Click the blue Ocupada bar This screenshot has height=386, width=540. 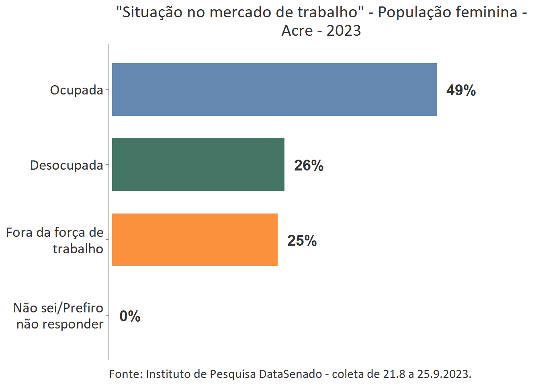pos(274,89)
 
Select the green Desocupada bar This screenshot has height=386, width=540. pos(198,164)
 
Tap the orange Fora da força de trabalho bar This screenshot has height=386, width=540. pos(194,240)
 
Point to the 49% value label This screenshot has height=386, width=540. pos(461,90)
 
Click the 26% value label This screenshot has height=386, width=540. pos(309,165)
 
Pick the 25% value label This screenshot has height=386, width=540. pos(302,240)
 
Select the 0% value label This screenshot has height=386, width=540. pos(130,316)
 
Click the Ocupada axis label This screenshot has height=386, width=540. pos(76,90)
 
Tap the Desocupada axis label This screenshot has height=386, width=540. pos(67,165)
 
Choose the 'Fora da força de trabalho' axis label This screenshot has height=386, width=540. pos(55,240)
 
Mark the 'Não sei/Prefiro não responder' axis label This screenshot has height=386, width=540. pos(59,316)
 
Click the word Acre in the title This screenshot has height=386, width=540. pos(297,31)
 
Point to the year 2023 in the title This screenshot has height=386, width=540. pos(344,31)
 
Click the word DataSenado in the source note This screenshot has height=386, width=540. pos(290,374)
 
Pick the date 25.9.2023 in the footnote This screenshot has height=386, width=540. pos(444,374)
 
